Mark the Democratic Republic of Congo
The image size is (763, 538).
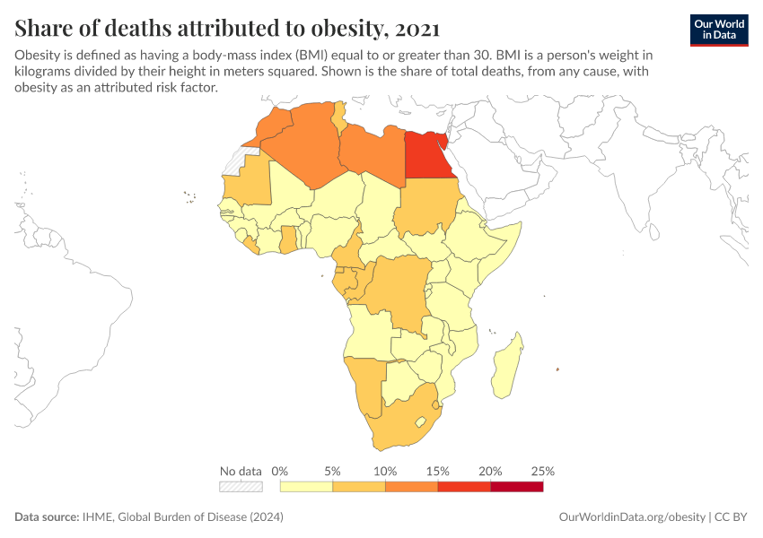tap(399, 287)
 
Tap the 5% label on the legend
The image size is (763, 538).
tap(332, 471)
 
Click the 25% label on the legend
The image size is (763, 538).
tap(543, 471)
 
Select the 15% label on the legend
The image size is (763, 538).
tap(437, 471)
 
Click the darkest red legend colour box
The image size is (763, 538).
tap(516, 487)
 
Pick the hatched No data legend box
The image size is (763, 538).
tap(241, 487)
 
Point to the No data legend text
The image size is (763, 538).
tap(241, 471)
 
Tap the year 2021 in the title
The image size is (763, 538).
tap(416, 30)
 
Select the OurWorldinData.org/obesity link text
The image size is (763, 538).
tap(632, 517)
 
